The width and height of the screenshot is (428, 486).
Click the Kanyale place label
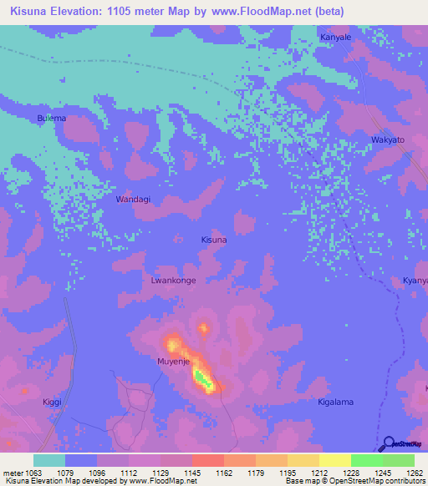tap(335, 38)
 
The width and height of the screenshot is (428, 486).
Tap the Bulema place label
tap(52, 119)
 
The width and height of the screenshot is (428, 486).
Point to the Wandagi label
tap(133, 200)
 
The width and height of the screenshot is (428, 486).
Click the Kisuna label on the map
tap(214, 240)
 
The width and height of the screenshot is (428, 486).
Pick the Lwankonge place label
tap(173, 281)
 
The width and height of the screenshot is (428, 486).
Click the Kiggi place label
tap(53, 402)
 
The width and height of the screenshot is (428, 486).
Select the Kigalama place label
tap(336, 402)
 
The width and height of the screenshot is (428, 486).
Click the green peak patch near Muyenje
tap(204, 380)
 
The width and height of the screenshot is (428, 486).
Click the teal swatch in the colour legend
tap(49, 460)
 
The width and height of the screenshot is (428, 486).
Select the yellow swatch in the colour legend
tap(335, 460)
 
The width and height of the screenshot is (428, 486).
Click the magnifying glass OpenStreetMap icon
tap(389, 443)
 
